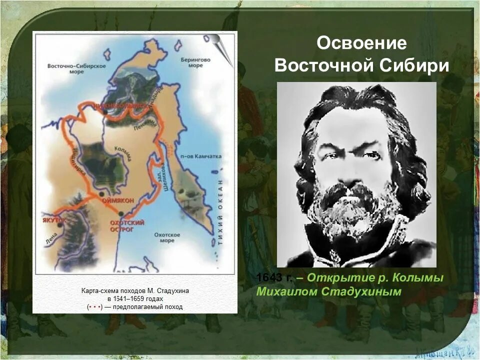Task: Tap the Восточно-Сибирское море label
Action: [x=76, y=69]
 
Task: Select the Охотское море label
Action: [x=167, y=237]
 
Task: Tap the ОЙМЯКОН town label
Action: [x=118, y=200]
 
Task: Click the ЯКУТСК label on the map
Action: [x=54, y=219]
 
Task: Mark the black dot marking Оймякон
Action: [x=101, y=193]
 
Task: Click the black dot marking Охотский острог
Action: [x=119, y=213]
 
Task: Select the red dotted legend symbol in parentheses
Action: [x=94, y=306]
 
